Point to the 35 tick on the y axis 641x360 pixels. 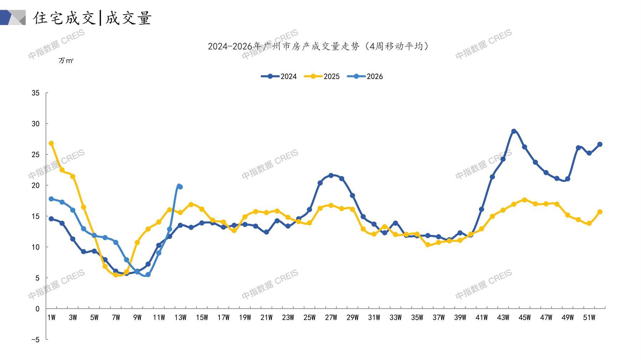pos(36,93)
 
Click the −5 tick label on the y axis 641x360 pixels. pos(35,340)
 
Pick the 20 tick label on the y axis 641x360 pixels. pos(36,185)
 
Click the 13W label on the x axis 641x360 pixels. pos(180,318)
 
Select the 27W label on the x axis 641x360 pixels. pos(331,318)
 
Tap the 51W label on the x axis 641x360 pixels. pos(589,318)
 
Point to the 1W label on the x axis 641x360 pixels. pos(51,318)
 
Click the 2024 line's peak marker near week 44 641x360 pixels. pos(514,131)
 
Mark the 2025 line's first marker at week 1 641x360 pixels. pos(51,143)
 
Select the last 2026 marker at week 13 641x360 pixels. pos(180,187)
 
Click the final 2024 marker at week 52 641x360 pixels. pos(600,144)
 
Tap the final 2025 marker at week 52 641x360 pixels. pos(600,212)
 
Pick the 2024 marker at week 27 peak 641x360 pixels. pos(331,175)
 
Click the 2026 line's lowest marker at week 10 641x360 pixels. pos(148,274)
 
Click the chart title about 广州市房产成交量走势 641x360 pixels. pos(318,46)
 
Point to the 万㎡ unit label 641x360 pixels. pos(66,61)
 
